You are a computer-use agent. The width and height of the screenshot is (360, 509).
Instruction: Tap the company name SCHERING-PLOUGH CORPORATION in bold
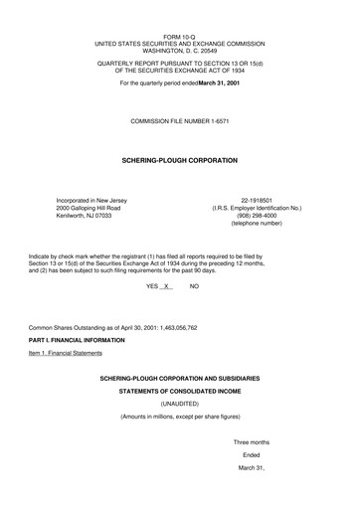pyautogui.click(x=179, y=159)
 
